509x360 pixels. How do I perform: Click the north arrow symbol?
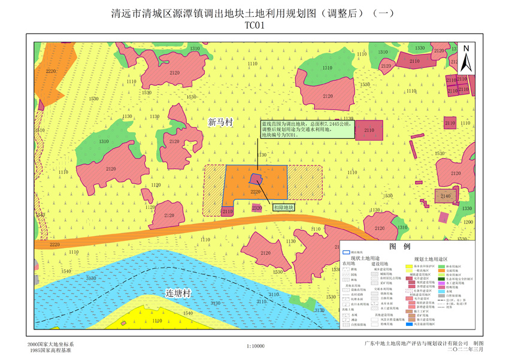coord(468,58)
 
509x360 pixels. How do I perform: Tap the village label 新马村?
coord(220,122)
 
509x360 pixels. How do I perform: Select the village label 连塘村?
coord(178,293)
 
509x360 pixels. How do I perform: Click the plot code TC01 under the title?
coord(254,25)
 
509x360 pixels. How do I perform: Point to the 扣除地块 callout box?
coord(283,207)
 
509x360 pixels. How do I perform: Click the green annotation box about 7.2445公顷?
coord(305,129)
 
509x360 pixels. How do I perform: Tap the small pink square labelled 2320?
coord(257,208)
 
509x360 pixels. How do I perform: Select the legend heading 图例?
coord(399,247)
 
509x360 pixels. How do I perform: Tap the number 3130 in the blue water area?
coord(91,278)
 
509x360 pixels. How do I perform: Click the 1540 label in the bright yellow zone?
coord(188,313)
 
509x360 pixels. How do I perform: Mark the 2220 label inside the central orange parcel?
coord(256,192)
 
